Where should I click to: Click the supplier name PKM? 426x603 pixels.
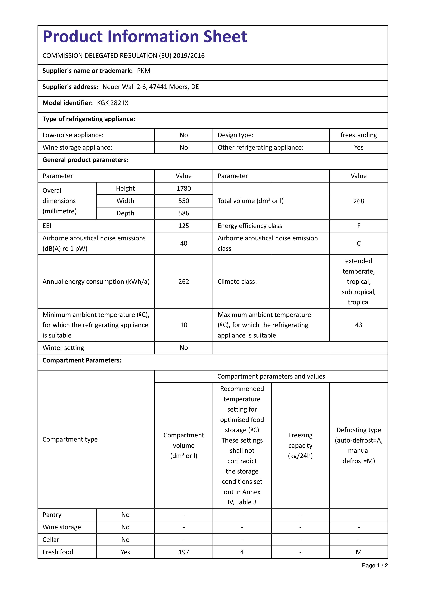point(144,71)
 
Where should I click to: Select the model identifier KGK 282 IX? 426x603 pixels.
point(113,103)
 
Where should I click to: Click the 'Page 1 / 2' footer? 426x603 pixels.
point(375,565)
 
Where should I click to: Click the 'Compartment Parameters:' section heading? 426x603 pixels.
point(82,360)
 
